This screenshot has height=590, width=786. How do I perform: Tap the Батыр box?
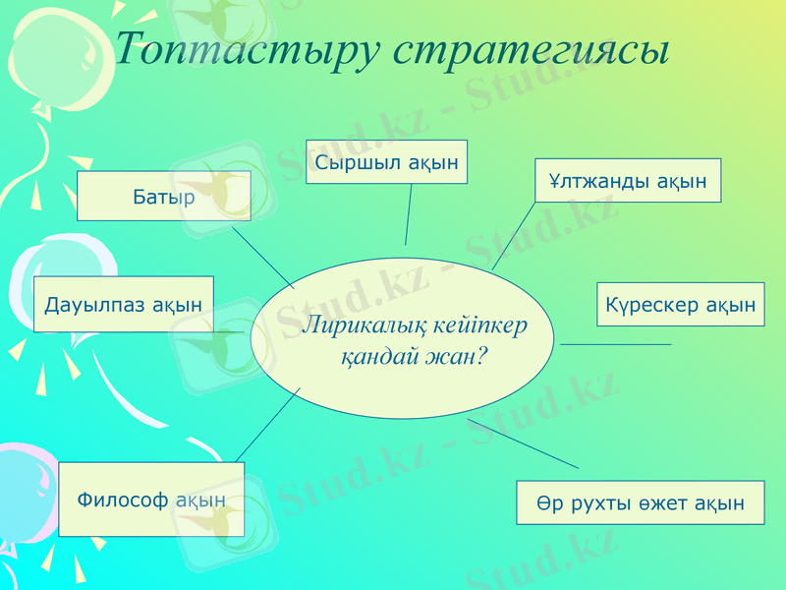click(x=164, y=196)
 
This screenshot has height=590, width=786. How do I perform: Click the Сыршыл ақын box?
click(x=386, y=162)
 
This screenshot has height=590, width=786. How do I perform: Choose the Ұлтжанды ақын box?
click(x=628, y=181)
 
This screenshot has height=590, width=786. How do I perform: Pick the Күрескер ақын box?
click(x=680, y=304)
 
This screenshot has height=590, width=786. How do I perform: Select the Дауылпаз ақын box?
click(x=124, y=304)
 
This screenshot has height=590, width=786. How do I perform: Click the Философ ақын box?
click(x=151, y=500)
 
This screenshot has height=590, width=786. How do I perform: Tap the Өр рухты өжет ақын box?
click(x=640, y=502)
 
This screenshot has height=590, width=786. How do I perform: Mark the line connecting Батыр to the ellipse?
click(x=262, y=259)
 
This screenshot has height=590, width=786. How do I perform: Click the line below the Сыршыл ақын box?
click(x=408, y=214)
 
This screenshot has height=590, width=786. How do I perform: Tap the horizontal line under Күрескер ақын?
click(x=615, y=344)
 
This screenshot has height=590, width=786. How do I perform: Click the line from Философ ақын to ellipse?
click(x=268, y=423)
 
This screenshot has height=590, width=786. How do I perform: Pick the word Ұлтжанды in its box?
click(x=598, y=181)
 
